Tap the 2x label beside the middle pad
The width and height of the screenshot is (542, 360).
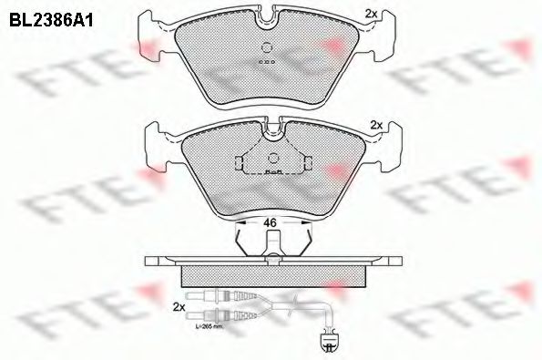coord(375,124)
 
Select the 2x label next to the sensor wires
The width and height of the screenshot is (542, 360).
coord(179,307)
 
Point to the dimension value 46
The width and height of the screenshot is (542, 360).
coord(270,221)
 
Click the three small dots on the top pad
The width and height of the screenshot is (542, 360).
coord(266,62)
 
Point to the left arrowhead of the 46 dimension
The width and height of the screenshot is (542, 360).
coord(239,221)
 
